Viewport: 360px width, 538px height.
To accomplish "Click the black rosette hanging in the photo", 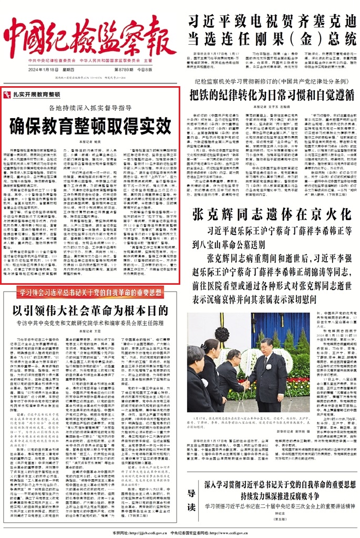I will click(223, 334).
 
